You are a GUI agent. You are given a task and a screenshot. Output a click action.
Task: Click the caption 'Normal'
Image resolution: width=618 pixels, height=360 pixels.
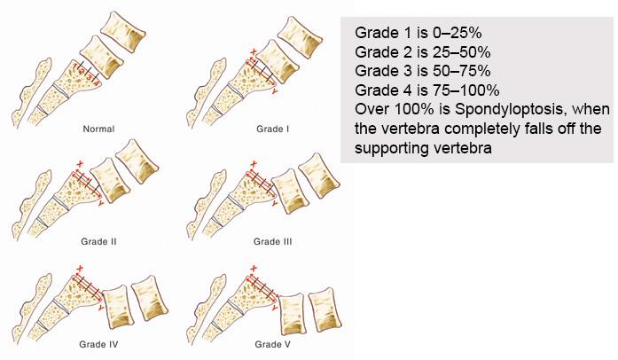(98, 129)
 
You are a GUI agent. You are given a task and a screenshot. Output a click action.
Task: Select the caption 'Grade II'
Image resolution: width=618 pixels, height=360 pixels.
(98, 240)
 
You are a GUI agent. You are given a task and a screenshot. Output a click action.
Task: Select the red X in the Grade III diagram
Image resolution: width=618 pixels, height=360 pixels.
(254, 164)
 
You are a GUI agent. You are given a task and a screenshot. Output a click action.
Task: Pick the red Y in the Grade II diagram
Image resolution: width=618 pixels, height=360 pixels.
(103, 203)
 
